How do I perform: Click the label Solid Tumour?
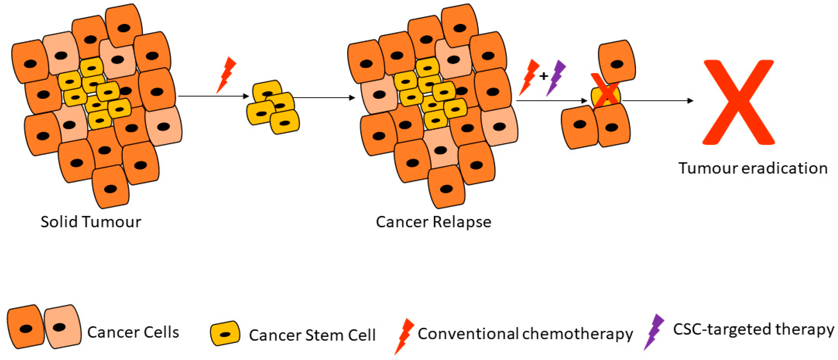tap(91, 222)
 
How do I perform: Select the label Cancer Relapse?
tap(433, 222)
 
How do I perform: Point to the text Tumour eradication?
tap(753, 168)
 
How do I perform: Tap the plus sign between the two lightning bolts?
tap(544, 76)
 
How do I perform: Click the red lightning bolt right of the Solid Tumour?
tap(227, 75)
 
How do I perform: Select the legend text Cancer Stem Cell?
tap(312, 335)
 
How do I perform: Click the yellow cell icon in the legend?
tap(225, 334)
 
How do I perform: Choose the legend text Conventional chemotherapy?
tap(525, 334)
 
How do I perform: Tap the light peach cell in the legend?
tap(62, 327)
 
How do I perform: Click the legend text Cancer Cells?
tap(133, 332)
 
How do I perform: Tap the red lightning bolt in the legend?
tap(404, 336)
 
